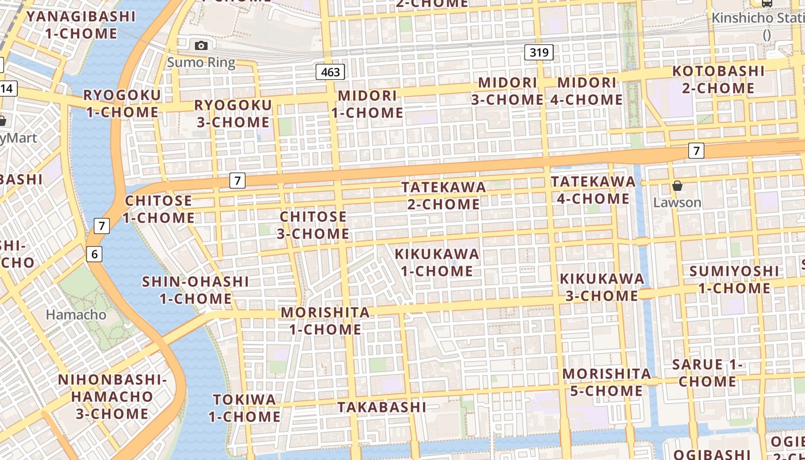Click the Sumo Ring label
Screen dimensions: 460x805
point(201,62)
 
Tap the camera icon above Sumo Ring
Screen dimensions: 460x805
point(201,45)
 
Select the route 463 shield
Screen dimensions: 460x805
point(331,72)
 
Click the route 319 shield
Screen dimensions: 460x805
point(539,53)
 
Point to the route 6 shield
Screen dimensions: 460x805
point(95,254)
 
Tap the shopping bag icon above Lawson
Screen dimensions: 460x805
point(677,186)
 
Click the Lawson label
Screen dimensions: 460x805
point(677,202)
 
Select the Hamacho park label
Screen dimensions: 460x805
point(76,315)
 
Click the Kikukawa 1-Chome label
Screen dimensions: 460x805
point(436,262)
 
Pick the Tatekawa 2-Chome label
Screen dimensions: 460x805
point(443,195)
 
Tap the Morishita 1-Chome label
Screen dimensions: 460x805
point(325,321)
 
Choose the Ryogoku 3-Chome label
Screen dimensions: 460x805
point(232,113)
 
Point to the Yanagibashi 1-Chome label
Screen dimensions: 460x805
point(80,25)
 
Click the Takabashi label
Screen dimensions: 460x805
point(382,407)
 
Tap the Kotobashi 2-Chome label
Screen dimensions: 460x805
point(718,79)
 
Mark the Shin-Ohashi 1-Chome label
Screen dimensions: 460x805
point(195,290)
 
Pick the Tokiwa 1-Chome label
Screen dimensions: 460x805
point(244,408)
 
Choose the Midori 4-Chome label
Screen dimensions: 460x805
point(586,91)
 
